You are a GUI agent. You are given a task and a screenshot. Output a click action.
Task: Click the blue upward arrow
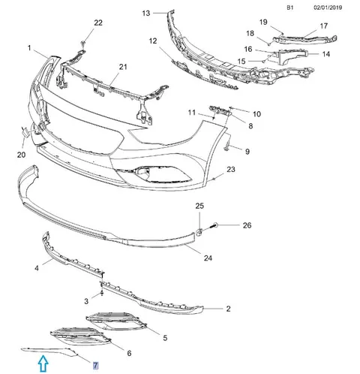43,363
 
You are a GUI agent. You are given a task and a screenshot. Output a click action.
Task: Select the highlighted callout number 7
95,366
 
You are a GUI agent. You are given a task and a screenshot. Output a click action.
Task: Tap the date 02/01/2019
328,8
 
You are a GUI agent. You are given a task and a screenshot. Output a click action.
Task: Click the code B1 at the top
289,8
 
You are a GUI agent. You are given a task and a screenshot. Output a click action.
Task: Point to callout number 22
98,23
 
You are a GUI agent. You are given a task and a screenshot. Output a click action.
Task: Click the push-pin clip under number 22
83,44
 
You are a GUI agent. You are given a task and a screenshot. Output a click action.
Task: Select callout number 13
146,13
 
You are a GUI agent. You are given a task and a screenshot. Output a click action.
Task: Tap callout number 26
247,225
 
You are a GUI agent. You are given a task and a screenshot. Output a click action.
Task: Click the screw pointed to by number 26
214,225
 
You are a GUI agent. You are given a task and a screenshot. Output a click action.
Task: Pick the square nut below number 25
199,233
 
